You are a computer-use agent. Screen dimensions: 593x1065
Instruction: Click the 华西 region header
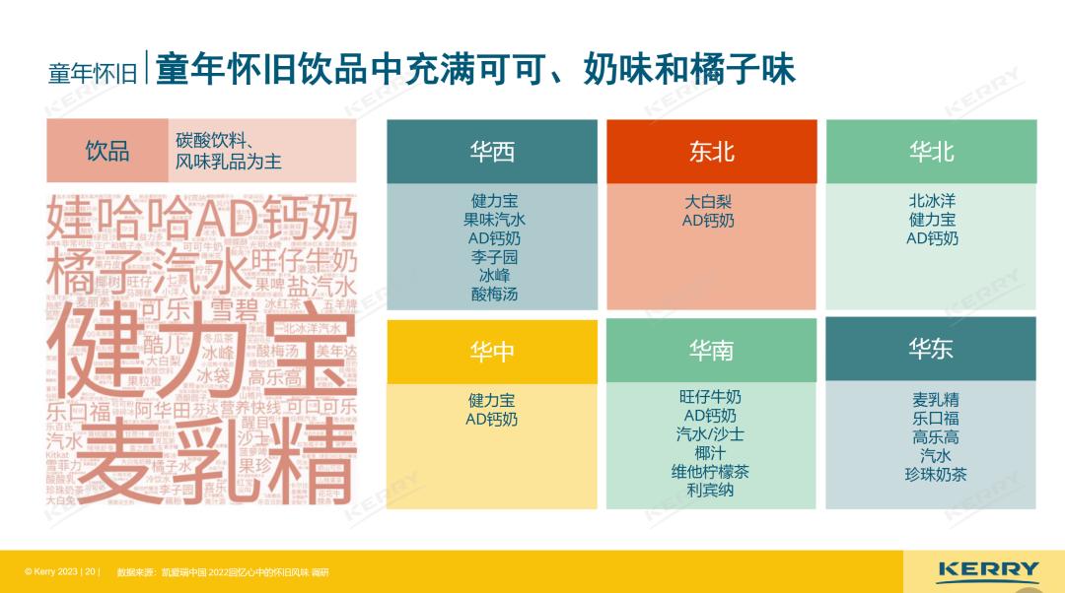pyautogui.click(x=492, y=152)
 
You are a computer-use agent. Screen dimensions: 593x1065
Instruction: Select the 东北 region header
pyautogui.click(x=711, y=152)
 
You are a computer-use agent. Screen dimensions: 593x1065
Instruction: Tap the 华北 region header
pyautogui.click(x=931, y=152)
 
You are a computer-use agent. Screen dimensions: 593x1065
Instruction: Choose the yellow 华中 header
pyautogui.click(x=492, y=352)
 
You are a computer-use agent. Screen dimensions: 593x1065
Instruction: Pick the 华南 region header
pyautogui.click(x=711, y=351)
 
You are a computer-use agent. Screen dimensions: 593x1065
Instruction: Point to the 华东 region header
pyautogui.click(x=931, y=349)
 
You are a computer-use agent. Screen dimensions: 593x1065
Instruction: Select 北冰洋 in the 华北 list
pyautogui.click(x=932, y=201)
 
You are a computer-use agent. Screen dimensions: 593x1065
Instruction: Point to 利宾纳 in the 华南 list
pyautogui.click(x=710, y=490)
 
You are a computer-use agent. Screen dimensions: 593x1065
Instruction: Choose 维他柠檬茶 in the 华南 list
pyautogui.click(x=710, y=472)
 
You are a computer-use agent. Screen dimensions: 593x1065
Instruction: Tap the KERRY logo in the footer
pyautogui.click(x=988, y=570)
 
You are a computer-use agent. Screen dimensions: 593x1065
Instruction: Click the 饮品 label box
pyautogui.click(x=107, y=151)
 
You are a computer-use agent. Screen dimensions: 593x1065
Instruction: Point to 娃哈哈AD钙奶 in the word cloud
pyautogui.click(x=202, y=219)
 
